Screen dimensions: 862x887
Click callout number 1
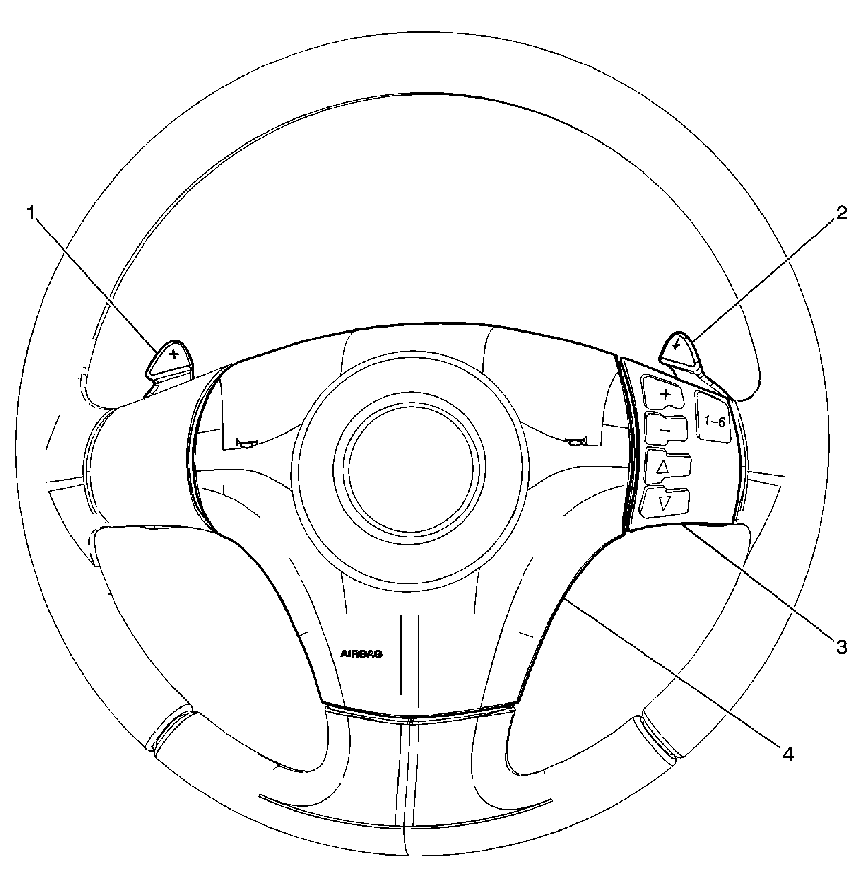point(31,213)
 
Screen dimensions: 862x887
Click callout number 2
point(841,213)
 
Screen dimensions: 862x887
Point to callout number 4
point(788,754)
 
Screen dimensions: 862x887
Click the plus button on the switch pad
point(665,394)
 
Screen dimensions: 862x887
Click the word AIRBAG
point(361,654)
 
